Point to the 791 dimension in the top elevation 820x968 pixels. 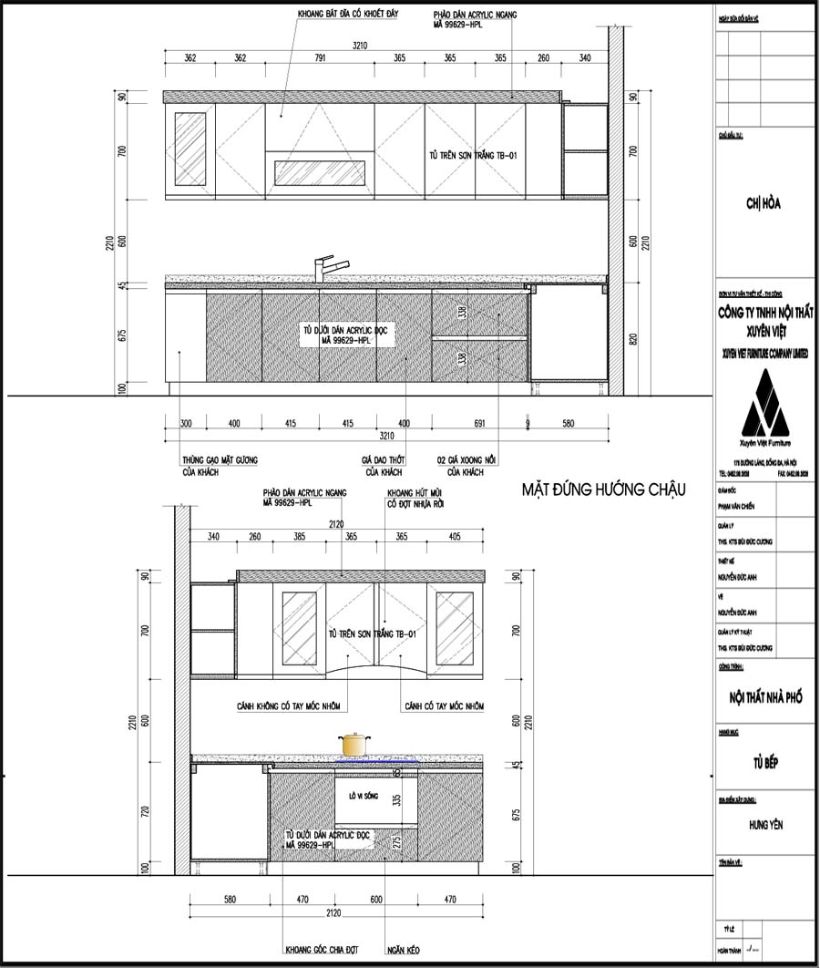(320, 58)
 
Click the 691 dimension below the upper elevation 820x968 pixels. (453, 424)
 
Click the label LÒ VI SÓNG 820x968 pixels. (362, 796)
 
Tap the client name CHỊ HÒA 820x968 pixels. (763, 203)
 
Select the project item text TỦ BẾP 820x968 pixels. (764, 763)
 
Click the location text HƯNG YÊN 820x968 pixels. (764, 825)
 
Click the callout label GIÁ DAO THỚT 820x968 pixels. (383, 460)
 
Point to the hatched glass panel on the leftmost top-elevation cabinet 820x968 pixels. (190, 149)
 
